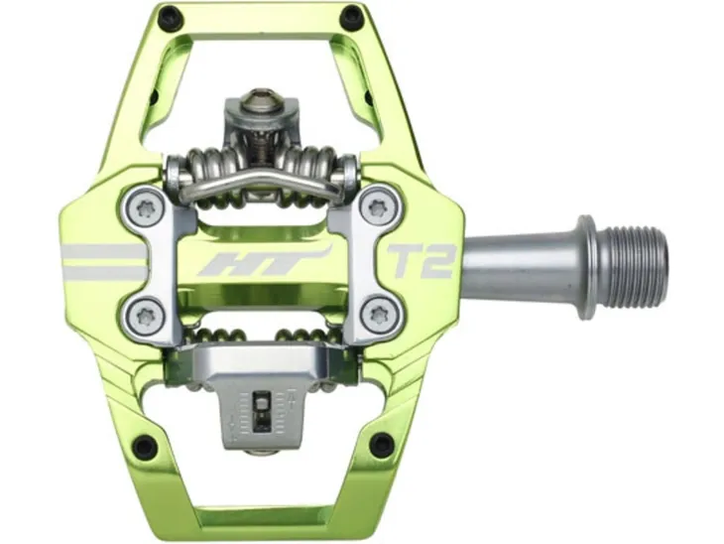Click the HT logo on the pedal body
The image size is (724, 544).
(x=265, y=261)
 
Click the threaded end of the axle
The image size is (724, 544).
(x=640, y=267)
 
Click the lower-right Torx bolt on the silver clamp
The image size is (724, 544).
(x=377, y=316)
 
